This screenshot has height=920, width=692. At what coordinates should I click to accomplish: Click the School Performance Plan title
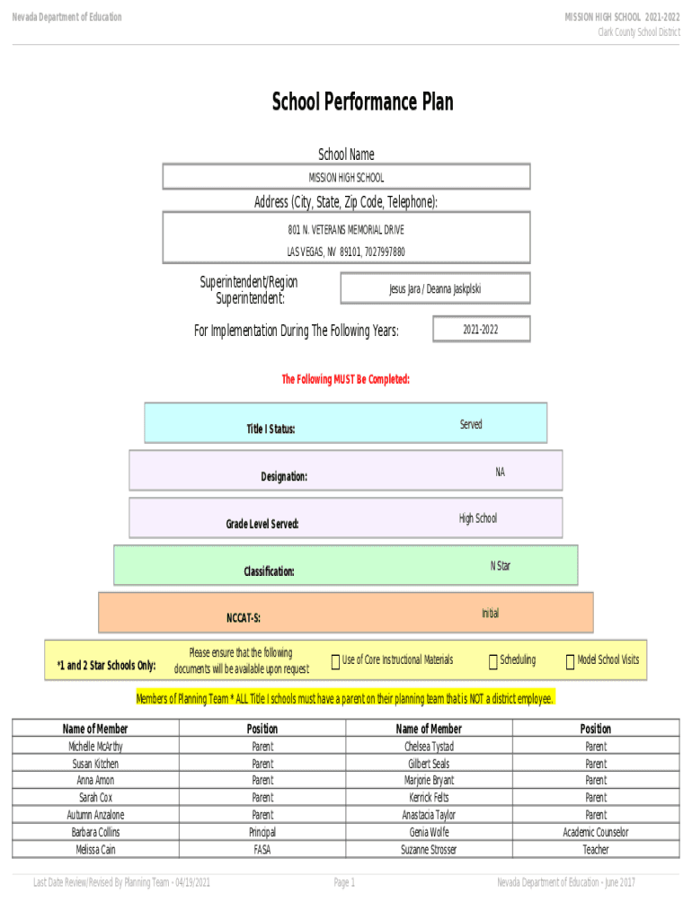click(362, 102)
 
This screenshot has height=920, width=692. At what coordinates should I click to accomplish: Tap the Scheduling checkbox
click(493, 662)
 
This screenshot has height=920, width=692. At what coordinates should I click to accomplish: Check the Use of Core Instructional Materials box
click(335, 662)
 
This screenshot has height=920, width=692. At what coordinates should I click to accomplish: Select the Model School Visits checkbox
click(570, 662)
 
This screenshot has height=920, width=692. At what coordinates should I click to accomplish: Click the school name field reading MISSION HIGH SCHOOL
click(346, 178)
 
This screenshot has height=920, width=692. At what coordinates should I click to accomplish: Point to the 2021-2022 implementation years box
click(481, 330)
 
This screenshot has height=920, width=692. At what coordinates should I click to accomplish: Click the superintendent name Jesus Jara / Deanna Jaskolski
click(435, 289)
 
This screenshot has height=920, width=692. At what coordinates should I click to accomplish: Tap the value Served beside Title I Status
click(471, 424)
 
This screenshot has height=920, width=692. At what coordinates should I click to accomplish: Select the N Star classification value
click(501, 566)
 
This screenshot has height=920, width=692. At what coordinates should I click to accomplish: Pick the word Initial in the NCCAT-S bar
click(490, 614)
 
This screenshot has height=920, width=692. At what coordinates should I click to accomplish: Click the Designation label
click(284, 477)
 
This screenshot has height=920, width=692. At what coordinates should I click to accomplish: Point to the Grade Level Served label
click(262, 524)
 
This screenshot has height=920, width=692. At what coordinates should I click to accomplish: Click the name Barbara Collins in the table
click(95, 832)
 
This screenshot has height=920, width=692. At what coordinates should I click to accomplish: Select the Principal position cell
click(262, 832)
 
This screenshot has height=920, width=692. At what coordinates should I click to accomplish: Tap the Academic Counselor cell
click(596, 832)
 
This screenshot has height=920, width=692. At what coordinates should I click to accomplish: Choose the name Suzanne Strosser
click(429, 849)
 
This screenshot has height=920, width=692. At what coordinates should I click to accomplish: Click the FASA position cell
click(262, 849)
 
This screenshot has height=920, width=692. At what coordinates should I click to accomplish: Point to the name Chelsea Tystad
click(429, 747)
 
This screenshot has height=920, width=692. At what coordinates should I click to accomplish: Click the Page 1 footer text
click(345, 883)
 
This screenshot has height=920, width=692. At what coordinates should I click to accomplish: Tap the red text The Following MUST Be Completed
click(346, 380)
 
